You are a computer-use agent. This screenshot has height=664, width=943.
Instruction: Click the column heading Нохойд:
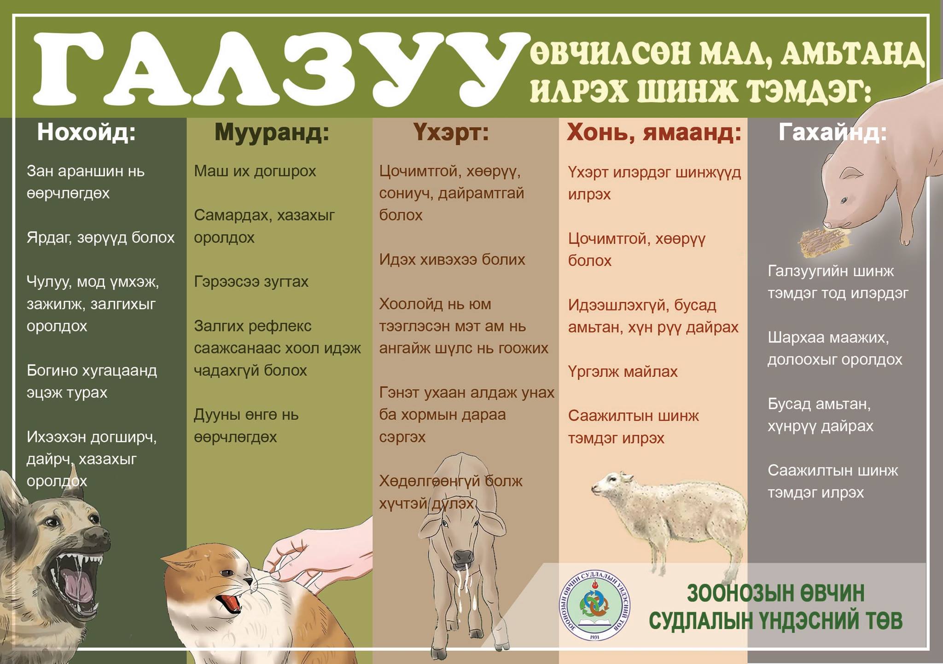coord(86,132)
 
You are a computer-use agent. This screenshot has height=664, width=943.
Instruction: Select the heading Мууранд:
coord(272,133)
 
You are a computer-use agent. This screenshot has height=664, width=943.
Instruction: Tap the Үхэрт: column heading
coord(451,133)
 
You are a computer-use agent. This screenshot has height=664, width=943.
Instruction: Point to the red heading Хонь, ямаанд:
coord(654,133)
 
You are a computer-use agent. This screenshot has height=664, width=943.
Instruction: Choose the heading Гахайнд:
coord(832,132)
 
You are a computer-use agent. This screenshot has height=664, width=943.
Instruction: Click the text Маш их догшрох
coord(255,171)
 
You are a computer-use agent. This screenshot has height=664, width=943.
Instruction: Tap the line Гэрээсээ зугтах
coord(251,282)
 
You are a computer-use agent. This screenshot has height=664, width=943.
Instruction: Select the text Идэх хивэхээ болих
coord(452,260)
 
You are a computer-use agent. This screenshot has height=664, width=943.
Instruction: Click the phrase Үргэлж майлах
coord(623,372)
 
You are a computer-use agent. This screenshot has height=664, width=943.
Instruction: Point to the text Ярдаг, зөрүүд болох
coord(100,238)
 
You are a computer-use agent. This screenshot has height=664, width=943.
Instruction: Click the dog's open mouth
coord(78,582)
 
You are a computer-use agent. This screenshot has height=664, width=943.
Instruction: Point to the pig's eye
coord(844,200)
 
